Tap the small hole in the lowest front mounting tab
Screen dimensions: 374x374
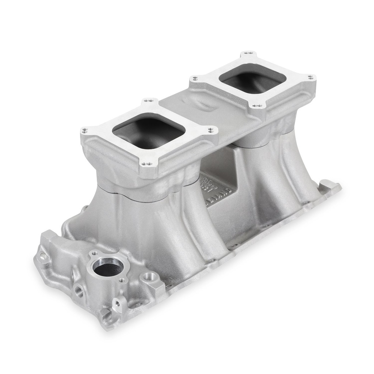[118, 302]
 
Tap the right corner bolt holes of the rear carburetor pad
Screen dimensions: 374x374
[310, 77]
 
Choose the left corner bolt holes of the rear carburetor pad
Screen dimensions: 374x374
[195, 78]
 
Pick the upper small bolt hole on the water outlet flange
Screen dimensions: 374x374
[94, 253]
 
